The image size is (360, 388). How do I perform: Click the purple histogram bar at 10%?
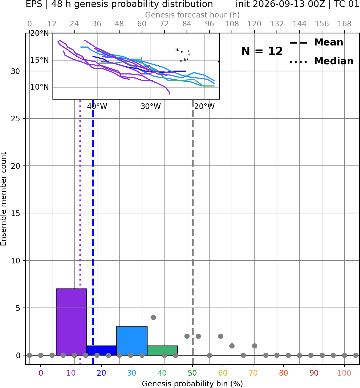71,322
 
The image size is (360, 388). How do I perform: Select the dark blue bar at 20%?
102,350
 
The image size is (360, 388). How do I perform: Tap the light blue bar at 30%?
132,341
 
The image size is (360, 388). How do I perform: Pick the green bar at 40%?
162,350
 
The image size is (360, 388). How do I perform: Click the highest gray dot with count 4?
153,317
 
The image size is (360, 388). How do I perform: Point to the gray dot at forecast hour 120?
254,346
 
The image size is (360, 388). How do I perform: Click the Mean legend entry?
316,43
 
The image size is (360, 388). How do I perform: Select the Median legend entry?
321,61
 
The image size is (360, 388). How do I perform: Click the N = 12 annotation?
262,51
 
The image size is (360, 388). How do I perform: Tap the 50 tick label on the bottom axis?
193,373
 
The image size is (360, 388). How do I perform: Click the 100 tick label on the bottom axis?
344,373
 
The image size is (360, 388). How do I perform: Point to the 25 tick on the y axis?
16,119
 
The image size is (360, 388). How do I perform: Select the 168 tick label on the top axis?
345,24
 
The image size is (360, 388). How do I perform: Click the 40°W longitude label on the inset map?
97,107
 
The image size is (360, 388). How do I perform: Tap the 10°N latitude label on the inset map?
40,87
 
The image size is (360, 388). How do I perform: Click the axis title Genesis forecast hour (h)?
193,15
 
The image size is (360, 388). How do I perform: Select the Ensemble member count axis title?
3,199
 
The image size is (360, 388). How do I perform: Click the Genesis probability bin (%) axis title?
193,383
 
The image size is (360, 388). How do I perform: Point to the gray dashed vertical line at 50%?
193,232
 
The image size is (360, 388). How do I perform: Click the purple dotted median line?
80,232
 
